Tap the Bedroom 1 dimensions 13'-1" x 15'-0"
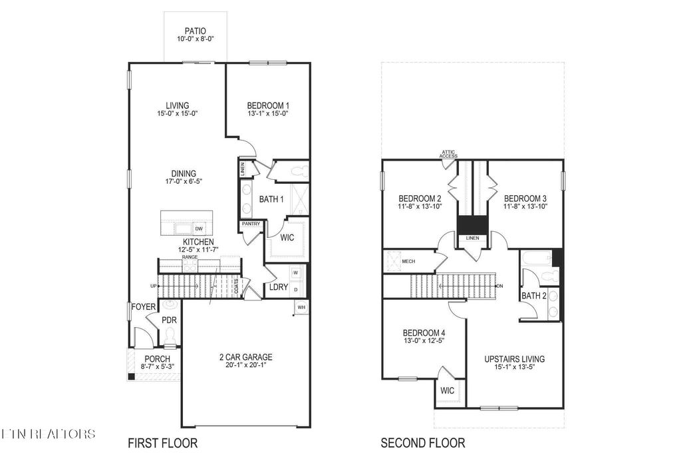click(268, 114)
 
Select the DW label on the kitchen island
click(199, 228)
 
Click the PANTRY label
click(251, 224)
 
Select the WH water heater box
click(301, 307)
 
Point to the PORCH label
click(157, 359)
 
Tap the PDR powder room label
click(169, 320)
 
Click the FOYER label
click(143, 307)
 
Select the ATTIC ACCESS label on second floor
click(448, 154)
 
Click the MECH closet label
click(409, 261)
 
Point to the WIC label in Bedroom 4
click(447, 390)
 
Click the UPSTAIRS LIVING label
click(514, 359)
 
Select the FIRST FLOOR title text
click(162, 442)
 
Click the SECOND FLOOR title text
click(422, 442)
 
